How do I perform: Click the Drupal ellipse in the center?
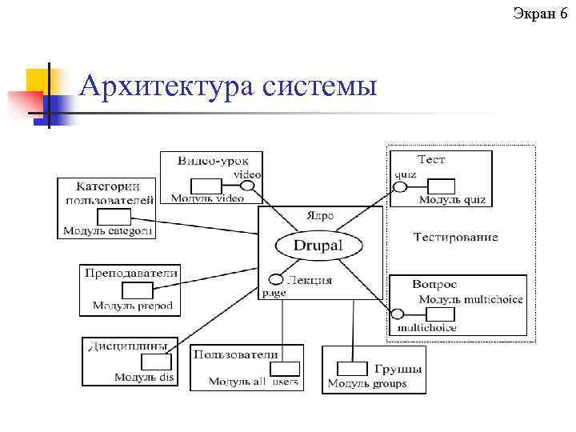point(318,246)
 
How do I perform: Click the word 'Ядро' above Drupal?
point(322,217)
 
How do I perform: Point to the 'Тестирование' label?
point(455,237)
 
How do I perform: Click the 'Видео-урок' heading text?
point(207,160)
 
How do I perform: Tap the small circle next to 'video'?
point(248,186)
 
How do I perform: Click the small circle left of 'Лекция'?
point(276,280)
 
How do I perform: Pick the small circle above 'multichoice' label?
point(398,314)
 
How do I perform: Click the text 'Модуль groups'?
point(367,383)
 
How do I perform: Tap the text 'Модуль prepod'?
point(132,306)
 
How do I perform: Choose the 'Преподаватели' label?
point(131,273)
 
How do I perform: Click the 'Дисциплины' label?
point(126,346)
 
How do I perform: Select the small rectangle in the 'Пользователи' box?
point(285,369)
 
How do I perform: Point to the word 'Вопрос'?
point(434,284)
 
